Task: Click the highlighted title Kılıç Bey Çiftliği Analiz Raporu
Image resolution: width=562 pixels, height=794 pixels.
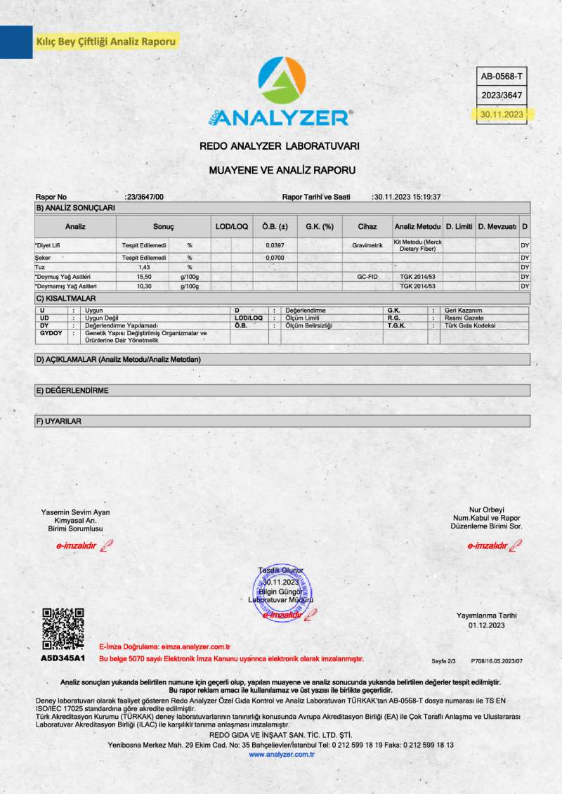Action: coord(105,41)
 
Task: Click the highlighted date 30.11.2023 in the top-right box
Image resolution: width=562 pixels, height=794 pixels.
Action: coord(501,114)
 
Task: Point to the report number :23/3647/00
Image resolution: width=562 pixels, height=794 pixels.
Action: coord(143,197)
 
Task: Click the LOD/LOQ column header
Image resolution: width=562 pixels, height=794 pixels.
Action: coord(231,227)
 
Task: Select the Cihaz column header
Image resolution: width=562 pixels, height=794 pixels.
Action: coord(367,227)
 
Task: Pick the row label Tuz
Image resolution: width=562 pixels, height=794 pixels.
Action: coord(40,268)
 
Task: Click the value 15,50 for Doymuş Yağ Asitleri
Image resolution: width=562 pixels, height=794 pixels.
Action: coord(145,277)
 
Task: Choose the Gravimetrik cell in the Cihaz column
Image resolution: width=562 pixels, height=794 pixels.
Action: coord(367,245)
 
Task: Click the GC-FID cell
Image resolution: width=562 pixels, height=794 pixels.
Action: coord(367,277)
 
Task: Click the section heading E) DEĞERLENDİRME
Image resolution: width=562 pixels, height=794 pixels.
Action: coord(72,390)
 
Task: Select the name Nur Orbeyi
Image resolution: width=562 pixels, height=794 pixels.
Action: coord(487,509)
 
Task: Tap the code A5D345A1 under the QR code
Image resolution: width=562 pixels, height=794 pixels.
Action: coord(63,658)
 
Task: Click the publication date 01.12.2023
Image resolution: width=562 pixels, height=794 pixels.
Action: coord(487,625)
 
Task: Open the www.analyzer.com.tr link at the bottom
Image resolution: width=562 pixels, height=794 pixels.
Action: coord(281,754)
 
